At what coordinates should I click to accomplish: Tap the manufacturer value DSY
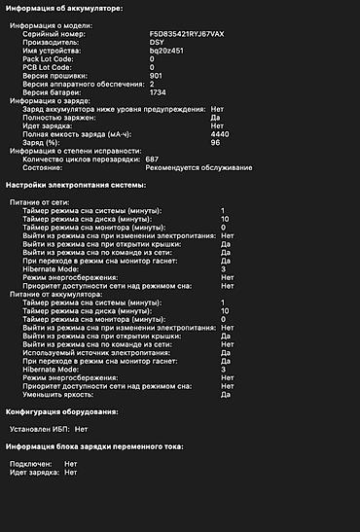pyautogui.click(x=158, y=42)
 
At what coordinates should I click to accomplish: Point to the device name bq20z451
pyautogui.click(x=165, y=51)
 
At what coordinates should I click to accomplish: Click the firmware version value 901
pyautogui.click(x=157, y=75)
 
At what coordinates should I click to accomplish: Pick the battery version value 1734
pyautogui.click(x=159, y=91)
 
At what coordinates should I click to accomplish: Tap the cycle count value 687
pyautogui.click(x=153, y=159)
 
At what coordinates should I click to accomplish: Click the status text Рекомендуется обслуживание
pyautogui.click(x=198, y=167)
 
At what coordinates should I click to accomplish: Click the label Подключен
pyautogui.click(x=30, y=464)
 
